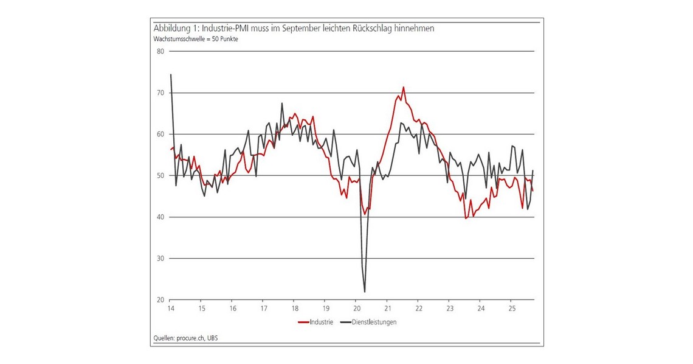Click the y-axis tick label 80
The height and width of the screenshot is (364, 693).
click(x=160, y=51)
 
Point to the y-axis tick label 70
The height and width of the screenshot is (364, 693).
click(x=160, y=93)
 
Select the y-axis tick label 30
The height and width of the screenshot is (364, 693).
click(x=160, y=259)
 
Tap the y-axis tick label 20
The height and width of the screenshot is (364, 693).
click(x=160, y=300)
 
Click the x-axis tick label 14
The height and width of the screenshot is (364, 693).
click(x=171, y=309)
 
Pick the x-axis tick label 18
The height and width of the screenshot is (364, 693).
click(x=294, y=309)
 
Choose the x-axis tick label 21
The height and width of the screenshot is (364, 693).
click(x=387, y=309)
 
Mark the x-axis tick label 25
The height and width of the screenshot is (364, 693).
click(x=511, y=309)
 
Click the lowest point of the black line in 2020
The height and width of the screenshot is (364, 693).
click(x=365, y=292)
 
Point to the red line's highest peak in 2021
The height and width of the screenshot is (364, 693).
click(x=403, y=87)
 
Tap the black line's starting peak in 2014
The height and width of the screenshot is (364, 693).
click(x=171, y=74)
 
